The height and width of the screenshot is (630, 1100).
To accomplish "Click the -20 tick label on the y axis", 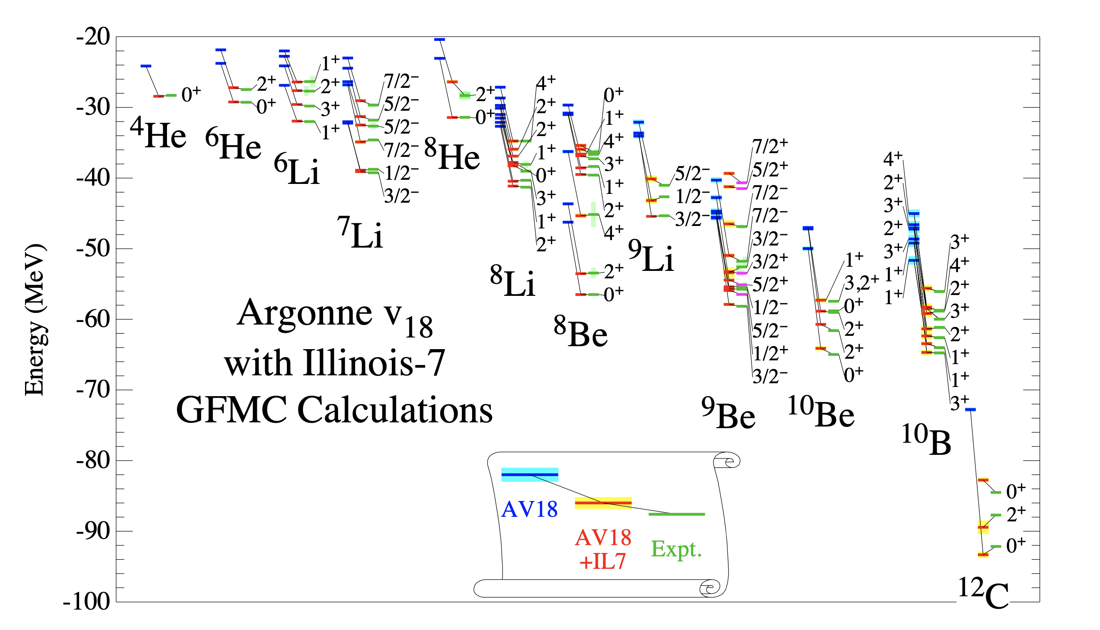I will tap(93, 37).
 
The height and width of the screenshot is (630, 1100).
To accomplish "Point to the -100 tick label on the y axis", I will tap(87, 602).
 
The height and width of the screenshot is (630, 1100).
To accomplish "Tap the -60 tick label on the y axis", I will tap(93, 320).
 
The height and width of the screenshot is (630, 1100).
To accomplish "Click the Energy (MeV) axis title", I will tap(35, 320).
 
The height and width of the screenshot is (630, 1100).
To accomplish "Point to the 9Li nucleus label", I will tap(651, 256).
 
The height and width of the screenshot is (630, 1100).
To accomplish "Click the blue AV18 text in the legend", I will tap(530, 509).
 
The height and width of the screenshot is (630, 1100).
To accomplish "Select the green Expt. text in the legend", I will tap(676, 549).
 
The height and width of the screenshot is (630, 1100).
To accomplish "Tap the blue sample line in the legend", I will tap(530, 475).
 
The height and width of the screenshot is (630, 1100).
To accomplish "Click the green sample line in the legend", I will tap(676, 514).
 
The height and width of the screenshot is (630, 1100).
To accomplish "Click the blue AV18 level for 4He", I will tap(146, 66).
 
